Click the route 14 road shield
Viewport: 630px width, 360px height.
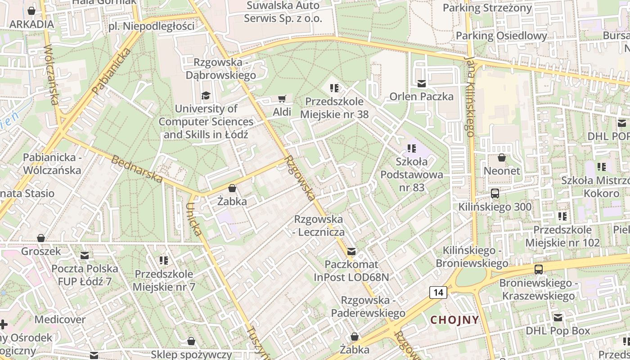click(x=438, y=292)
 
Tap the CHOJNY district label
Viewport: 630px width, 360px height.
click(x=454, y=320)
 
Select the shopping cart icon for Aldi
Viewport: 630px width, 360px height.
click(x=282, y=99)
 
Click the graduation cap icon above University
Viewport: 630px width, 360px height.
click(x=206, y=95)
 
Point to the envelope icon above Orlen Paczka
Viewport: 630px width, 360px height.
click(x=422, y=83)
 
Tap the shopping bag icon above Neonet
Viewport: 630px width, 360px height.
click(x=502, y=157)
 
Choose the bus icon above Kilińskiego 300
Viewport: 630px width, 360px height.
click(x=495, y=193)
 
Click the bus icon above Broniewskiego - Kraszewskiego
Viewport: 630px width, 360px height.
click(x=539, y=270)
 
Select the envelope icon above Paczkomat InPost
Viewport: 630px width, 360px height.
click(x=351, y=251)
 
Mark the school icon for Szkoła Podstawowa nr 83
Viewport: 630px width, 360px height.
click(x=412, y=148)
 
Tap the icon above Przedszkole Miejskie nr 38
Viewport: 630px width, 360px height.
click(x=334, y=88)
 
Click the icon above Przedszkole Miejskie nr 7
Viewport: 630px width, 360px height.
click(x=164, y=261)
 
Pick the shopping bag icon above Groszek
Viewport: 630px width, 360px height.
click(x=41, y=238)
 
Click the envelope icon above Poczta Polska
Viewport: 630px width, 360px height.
click(x=84, y=256)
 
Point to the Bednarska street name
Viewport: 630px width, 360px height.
click(x=137, y=169)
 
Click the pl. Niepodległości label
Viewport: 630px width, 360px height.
click(x=152, y=26)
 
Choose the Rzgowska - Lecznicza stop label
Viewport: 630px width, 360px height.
click(x=319, y=225)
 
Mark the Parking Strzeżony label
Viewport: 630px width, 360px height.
click(x=487, y=8)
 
